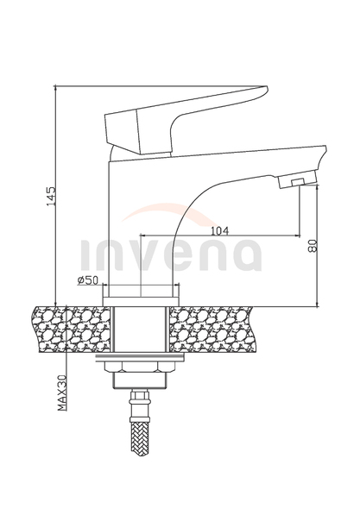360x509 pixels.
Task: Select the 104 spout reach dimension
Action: pyautogui.click(x=219, y=230)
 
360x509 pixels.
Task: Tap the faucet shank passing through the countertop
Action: pyautogui.click(x=137, y=329)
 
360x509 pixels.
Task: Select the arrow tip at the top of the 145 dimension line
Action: pyautogui.click(x=54, y=87)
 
